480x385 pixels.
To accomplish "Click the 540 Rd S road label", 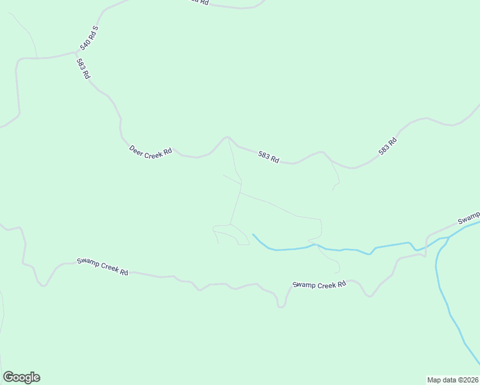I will (x=89, y=38).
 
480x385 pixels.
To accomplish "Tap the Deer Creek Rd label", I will (x=151, y=151).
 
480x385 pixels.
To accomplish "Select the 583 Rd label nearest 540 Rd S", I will (x=83, y=68).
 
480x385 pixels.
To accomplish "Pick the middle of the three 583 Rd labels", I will (x=269, y=157).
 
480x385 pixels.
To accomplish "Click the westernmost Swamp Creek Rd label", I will (x=103, y=266).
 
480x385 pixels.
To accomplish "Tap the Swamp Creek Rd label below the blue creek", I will (x=319, y=284).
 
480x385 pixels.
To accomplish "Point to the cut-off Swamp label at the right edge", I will (x=468, y=218).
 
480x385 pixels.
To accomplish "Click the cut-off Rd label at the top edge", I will (x=200, y=2).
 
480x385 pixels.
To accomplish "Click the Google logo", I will (x=21, y=377).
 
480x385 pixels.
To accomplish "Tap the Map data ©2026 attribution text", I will (x=452, y=379).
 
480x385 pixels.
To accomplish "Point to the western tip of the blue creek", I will (x=253, y=234).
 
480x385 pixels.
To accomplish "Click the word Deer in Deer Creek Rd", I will (x=137, y=148).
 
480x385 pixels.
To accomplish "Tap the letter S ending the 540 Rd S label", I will (x=95, y=28).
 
